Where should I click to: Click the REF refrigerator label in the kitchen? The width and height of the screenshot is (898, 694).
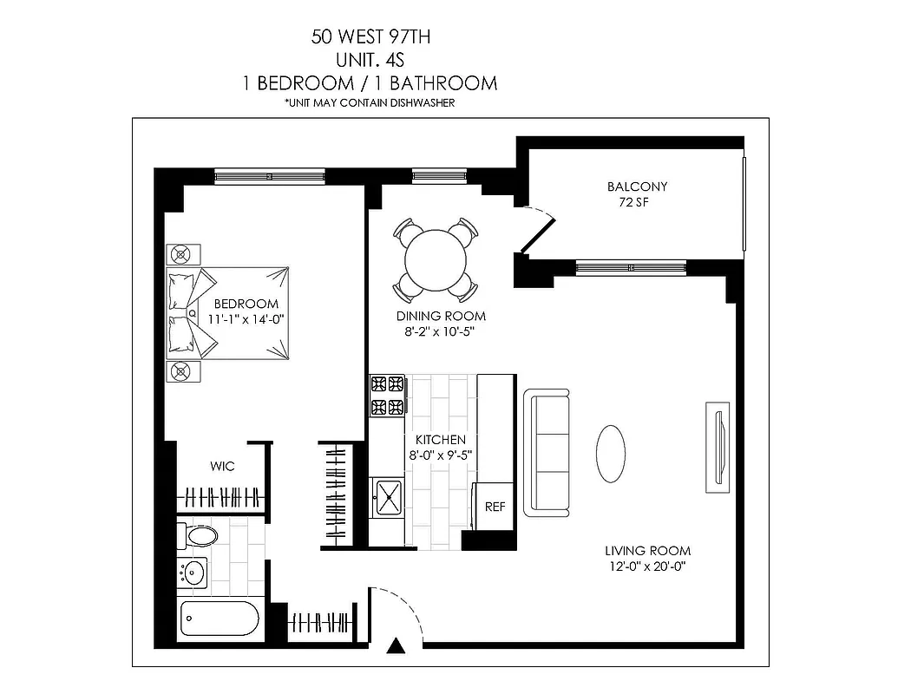tap(495, 507)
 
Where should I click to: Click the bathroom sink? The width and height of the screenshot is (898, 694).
tap(195, 573)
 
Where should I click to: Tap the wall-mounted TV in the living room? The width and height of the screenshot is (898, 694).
tap(718, 448)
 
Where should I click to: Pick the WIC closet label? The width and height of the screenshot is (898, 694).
tap(222, 467)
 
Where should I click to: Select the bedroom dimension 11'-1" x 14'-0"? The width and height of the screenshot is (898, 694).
tap(246, 319)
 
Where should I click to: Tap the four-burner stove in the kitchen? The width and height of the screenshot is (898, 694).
tap(388, 395)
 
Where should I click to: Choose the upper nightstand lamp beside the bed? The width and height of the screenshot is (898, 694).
tap(181, 254)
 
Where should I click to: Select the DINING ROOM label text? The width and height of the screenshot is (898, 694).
tap(441, 316)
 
